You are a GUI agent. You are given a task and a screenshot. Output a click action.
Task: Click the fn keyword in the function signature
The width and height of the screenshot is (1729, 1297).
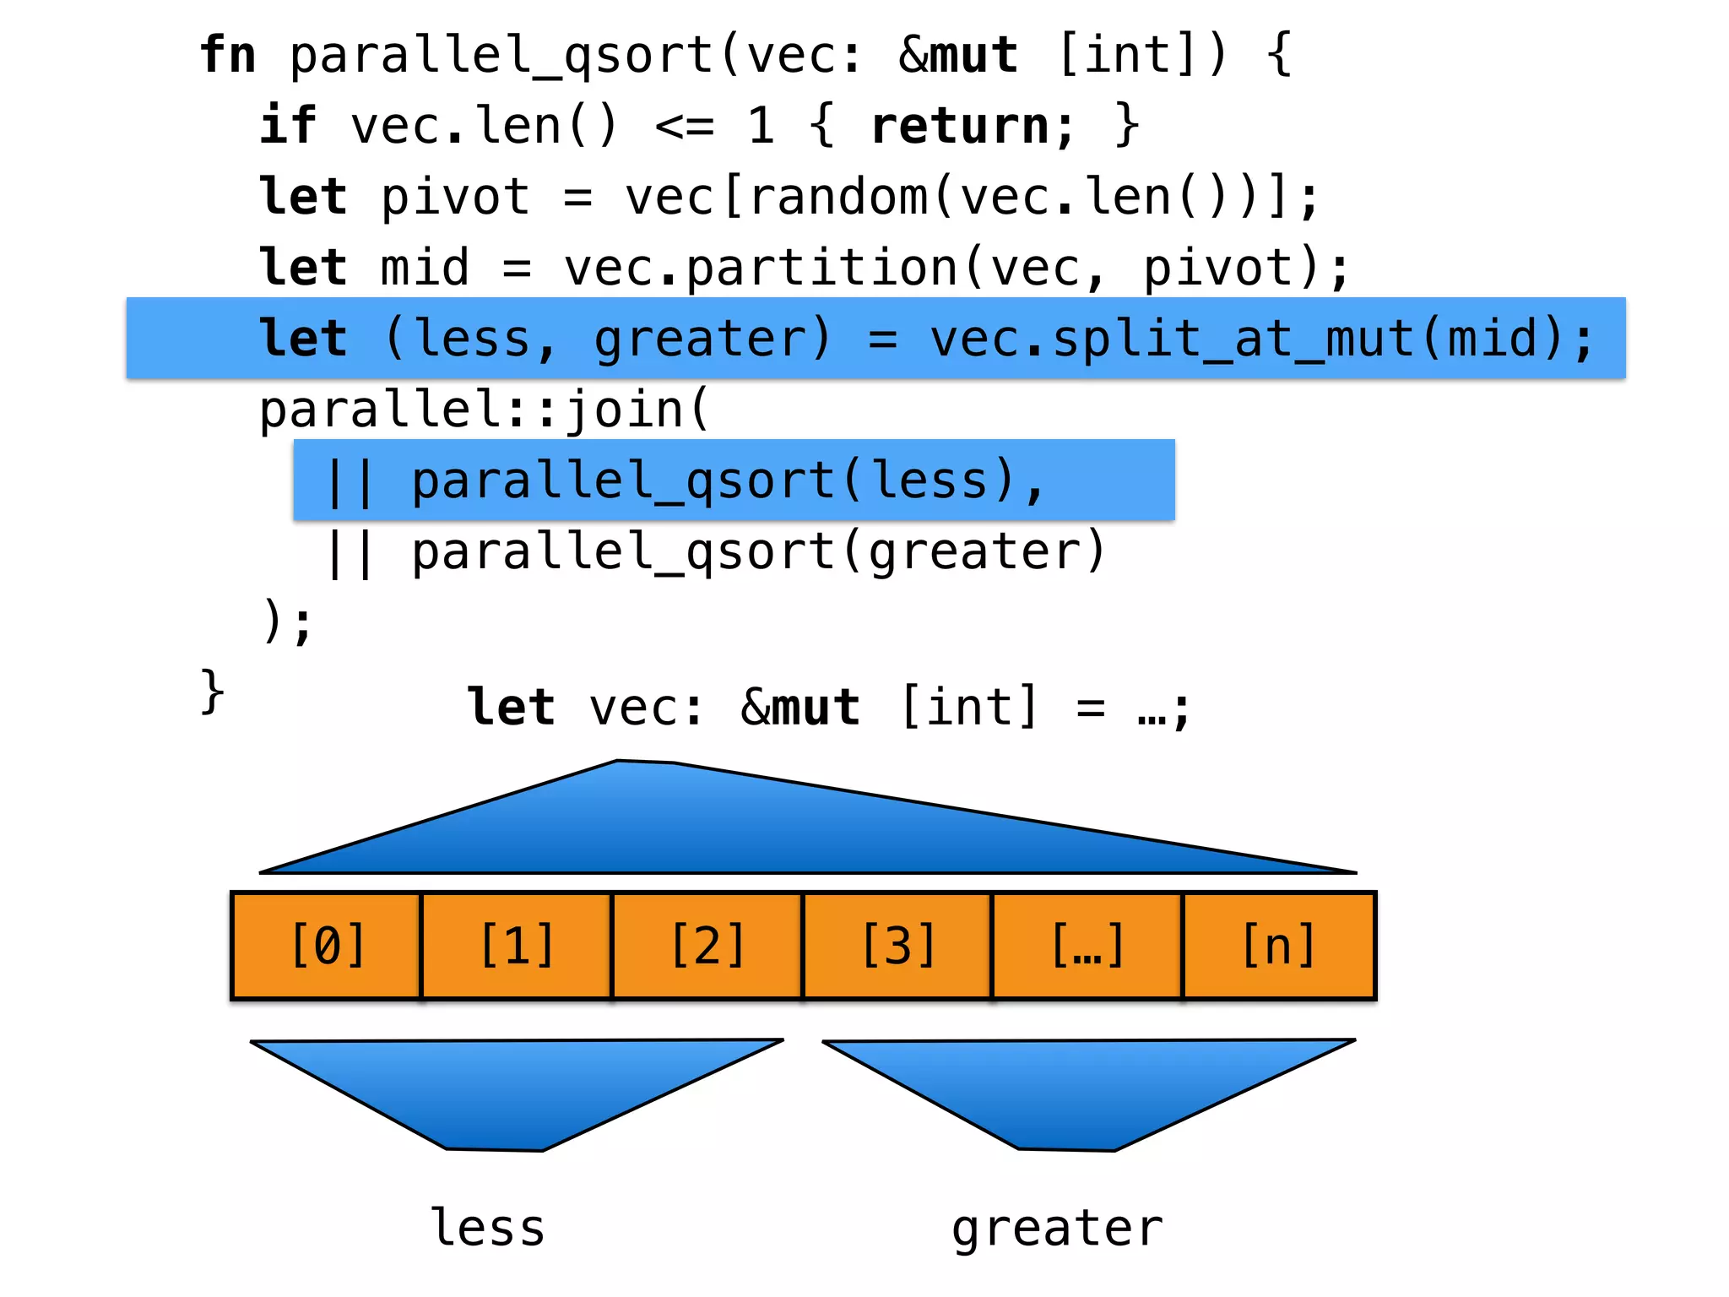(x=228, y=56)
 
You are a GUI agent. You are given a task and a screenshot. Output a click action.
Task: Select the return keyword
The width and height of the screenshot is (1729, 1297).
(x=960, y=127)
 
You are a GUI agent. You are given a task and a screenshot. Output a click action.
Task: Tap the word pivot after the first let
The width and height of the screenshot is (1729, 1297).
(x=455, y=198)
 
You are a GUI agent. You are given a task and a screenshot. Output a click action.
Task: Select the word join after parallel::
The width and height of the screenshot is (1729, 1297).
(x=625, y=410)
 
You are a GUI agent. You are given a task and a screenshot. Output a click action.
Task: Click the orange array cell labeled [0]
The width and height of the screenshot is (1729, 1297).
(x=327, y=946)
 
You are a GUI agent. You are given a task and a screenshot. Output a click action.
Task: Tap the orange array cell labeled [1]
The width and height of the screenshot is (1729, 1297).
(x=517, y=946)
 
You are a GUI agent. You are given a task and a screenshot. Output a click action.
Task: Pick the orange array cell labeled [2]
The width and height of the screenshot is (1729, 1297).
(x=707, y=946)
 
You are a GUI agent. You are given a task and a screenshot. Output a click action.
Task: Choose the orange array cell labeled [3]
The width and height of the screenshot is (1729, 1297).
(x=897, y=946)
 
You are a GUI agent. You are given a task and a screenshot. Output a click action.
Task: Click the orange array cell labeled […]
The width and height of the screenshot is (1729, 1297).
(x=1087, y=946)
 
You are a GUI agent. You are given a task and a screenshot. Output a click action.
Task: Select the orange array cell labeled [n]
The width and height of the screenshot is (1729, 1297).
(x=1278, y=946)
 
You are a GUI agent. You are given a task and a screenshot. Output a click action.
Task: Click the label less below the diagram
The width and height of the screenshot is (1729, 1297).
(x=488, y=1228)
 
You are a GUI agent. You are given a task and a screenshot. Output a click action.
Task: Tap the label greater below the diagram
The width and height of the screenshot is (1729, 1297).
(x=1057, y=1229)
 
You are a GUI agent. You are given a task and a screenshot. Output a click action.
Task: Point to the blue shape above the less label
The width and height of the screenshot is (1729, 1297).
(x=507, y=1089)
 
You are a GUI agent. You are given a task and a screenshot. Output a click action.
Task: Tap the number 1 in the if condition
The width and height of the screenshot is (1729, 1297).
(x=761, y=127)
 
